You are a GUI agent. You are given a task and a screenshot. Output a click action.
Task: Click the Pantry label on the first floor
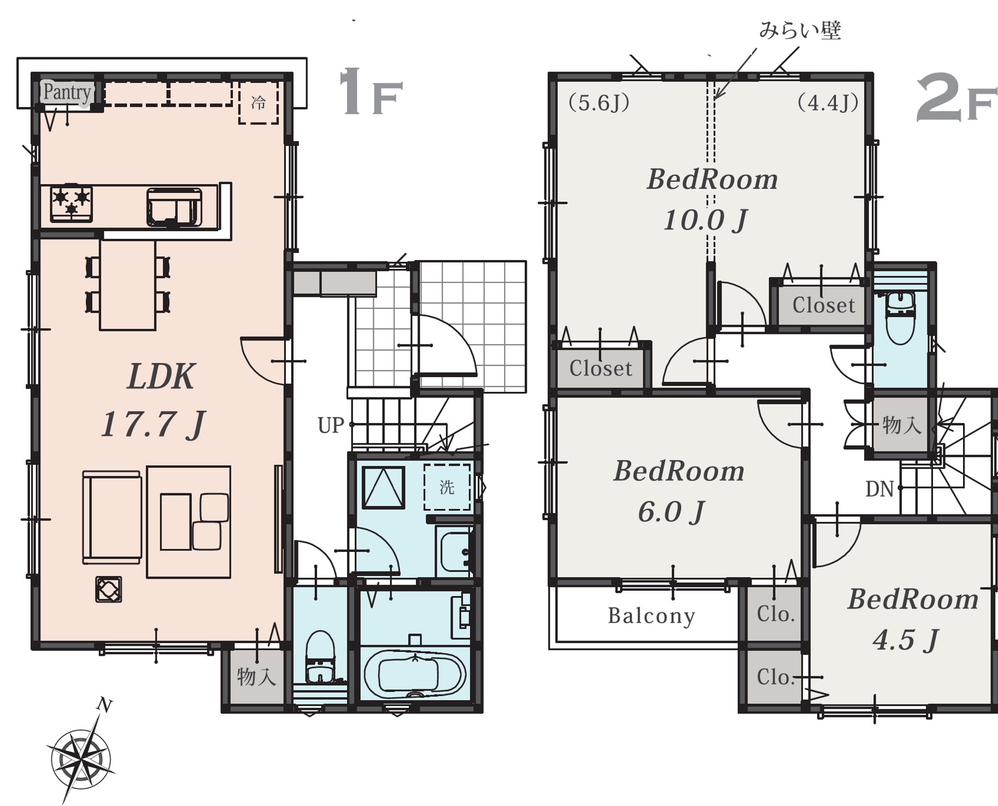pyautogui.click(x=67, y=92)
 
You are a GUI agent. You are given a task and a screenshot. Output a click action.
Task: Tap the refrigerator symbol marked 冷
pyautogui.click(x=259, y=103)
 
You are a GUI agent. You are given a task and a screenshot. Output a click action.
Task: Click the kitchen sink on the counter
pyautogui.click(x=174, y=207)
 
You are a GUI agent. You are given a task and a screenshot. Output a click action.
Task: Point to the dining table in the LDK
pyautogui.click(x=127, y=285)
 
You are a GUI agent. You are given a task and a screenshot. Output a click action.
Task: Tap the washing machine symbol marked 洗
pyautogui.click(x=447, y=487)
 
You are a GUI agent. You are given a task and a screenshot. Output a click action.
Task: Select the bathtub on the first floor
pyautogui.click(x=415, y=675)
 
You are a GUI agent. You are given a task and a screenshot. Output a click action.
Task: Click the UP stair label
pyautogui.click(x=331, y=425)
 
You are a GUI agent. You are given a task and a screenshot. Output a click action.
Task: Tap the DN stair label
pyautogui.click(x=879, y=489)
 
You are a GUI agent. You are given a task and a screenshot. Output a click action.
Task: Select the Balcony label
pyautogui.click(x=651, y=616)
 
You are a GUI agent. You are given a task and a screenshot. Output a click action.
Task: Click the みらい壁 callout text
pyautogui.click(x=800, y=30)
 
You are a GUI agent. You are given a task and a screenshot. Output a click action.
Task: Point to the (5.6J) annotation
pyautogui.click(x=599, y=102)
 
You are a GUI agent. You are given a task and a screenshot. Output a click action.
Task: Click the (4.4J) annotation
pyautogui.click(x=828, y=102)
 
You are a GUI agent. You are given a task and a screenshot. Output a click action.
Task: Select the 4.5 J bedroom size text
pyautogui.click(x=906, y=640)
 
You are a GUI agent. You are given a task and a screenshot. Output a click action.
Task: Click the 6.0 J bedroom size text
pyautogui.click(x=671, y=512)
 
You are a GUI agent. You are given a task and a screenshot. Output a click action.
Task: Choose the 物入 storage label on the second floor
pyautogui.click(x=902, y=425)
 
